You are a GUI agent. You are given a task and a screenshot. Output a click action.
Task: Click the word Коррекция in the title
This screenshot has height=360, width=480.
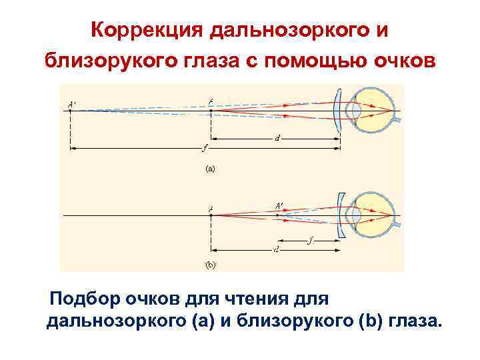coord(147,30)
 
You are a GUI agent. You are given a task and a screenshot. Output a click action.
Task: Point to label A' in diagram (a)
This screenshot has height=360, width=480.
coord(71,103)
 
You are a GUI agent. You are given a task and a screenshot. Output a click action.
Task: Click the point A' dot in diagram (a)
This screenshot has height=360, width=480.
coord(71,111)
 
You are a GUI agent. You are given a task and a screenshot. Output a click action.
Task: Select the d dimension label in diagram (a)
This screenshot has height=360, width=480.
coord(277,139)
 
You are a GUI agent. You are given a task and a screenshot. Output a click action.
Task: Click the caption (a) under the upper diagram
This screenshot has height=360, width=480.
coord(211,169)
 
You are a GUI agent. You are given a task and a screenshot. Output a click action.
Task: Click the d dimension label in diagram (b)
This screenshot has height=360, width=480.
coord(276,249)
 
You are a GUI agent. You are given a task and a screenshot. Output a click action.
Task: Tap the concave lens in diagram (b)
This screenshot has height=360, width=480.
coord(342,215)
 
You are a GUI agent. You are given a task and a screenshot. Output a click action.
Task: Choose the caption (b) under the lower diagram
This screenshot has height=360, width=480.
coord(211,265)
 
